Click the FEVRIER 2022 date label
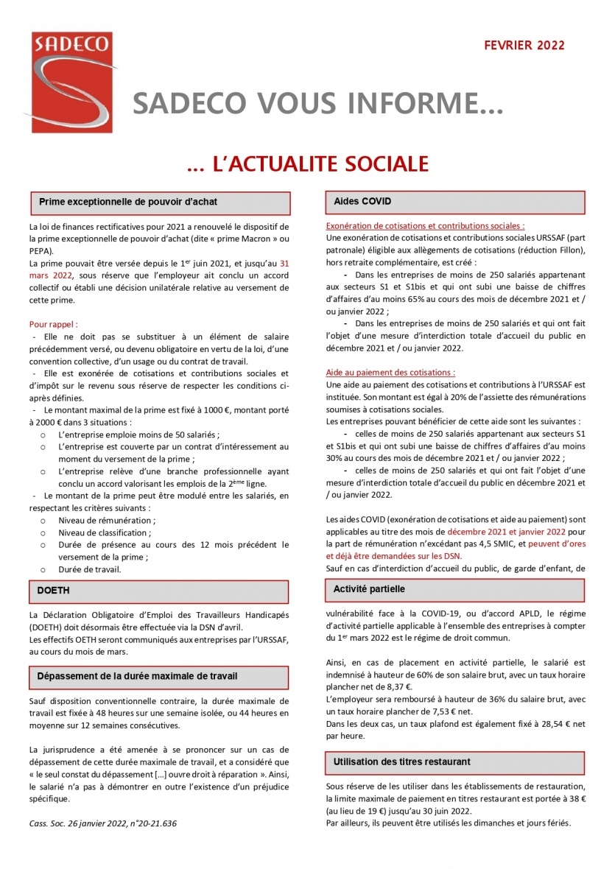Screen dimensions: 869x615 (x=524, y=46)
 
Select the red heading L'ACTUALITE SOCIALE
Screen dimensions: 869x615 (x=307, y=163)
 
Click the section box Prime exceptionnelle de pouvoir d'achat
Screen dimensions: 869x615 (x=159, y=202)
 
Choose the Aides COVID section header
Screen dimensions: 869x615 (x=455, y=202)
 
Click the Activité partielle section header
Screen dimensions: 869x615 (x=455, y=590)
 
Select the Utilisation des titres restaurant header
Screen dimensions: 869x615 (x=455, y=761)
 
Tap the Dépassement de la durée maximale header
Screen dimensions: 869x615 (x=159, y=676)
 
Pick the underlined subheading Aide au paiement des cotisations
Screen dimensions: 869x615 (x=390, y=373)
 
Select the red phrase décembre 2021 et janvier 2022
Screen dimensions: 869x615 (x=496, y=531)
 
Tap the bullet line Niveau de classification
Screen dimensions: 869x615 (x=104, y=532)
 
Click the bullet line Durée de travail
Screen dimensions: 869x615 (x=89, y=569)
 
